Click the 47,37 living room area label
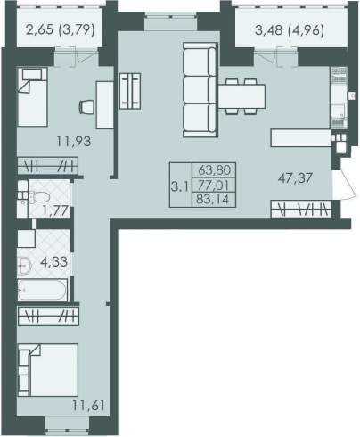295,178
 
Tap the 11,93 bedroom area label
74,141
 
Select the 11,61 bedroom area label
88,405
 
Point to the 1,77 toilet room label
55,211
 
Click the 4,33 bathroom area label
53,262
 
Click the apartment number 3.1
180,187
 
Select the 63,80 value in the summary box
215,170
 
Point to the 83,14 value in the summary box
214,199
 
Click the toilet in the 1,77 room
39,197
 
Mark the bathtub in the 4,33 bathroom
43,290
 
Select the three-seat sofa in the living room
200,90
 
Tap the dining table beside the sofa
242,96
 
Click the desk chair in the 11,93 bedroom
86,107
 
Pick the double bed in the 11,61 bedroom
48,370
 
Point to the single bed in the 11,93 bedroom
32,97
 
